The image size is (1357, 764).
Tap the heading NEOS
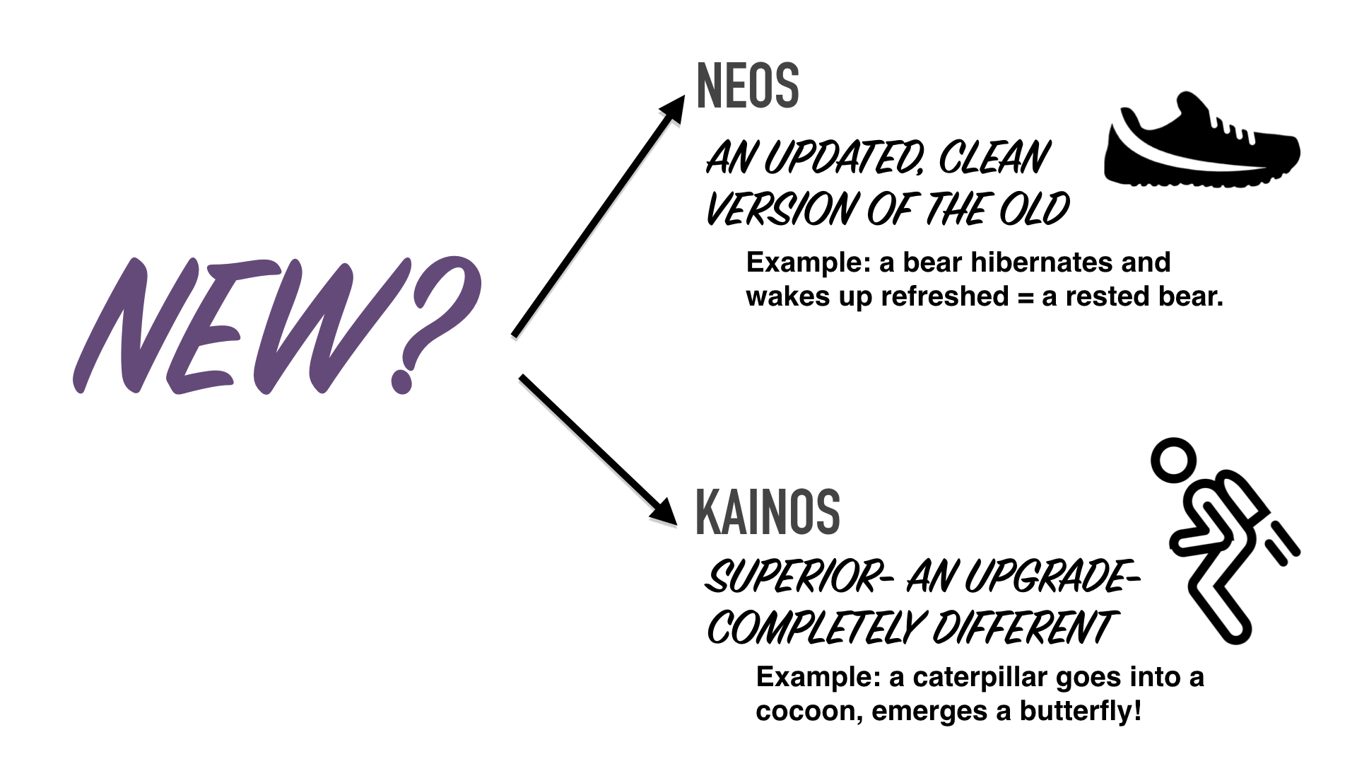748,86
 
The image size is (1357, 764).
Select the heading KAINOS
768,511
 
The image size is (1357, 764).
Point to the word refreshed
945,296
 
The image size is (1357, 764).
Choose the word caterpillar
980,678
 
